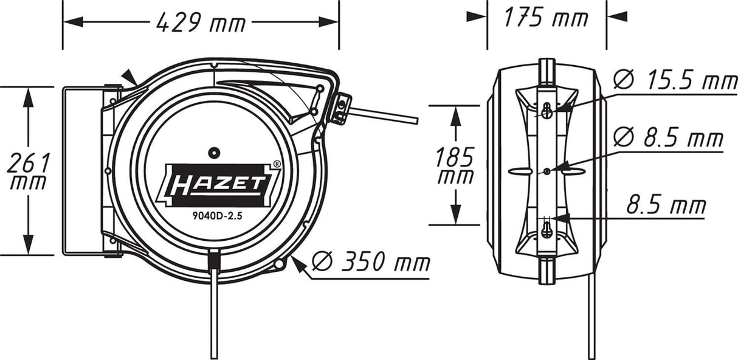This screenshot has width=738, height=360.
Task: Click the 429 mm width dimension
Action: tap(201, 22)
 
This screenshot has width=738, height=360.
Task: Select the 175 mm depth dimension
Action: tap(546, 17)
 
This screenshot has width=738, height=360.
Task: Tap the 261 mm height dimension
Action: tap(28, 171)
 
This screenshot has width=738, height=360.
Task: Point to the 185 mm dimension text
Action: tap(454, 166)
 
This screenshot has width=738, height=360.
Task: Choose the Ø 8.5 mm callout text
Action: tap(667, 138)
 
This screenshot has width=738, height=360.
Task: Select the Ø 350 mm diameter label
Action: tap(370, 262)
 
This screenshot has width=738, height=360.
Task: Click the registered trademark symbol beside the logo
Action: tap(277, 164)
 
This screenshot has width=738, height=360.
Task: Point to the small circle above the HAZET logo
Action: tap(213, 151)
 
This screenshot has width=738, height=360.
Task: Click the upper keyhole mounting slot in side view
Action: tap(547, 111)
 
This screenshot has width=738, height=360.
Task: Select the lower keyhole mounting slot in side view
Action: tap(547, 230)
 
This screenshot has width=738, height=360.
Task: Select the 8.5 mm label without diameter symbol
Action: tap(666, 205)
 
